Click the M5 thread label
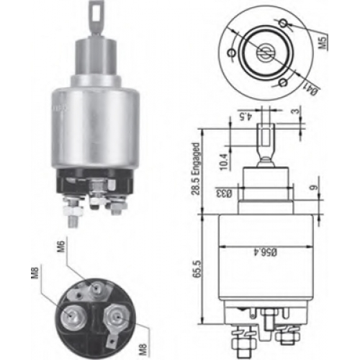coord(324,42)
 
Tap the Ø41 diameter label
coord(314,89)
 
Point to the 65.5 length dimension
coord(197,269)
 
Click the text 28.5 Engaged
coord(196,168)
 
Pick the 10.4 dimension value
coord(223,162)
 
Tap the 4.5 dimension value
coord(247,117)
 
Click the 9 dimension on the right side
coord(314,187)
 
